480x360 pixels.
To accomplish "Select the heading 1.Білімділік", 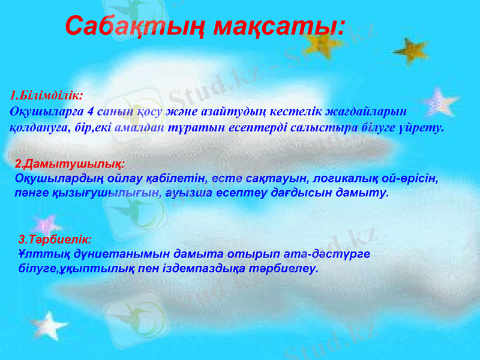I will [x=47, y=95].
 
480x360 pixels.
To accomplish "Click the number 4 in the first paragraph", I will [x=90, y=111].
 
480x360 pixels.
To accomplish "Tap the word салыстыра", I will [x=326, y=127].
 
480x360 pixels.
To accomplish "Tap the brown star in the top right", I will [x=410, y=50].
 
